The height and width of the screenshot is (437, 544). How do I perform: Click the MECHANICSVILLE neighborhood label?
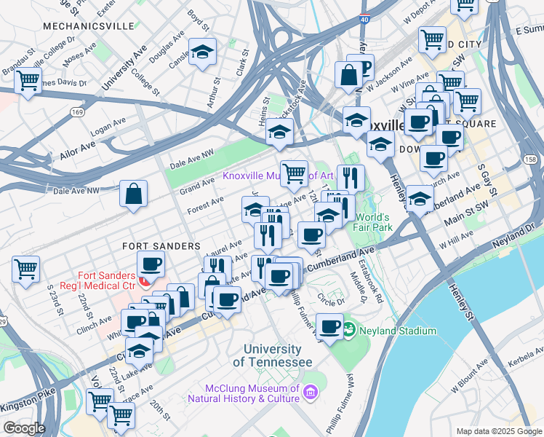point(89,26)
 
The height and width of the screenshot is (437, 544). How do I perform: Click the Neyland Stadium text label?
point(396,331)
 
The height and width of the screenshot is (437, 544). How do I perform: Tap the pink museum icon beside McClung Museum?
point(311,394)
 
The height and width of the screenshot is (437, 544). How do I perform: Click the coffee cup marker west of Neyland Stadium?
point(330,327)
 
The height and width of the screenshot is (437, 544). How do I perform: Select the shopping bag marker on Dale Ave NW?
point(134,195)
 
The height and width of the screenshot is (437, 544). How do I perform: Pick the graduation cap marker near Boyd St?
point(203,53)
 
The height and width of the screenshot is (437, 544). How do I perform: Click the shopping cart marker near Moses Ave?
point(28,82)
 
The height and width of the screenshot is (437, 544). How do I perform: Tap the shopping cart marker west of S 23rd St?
point(26,269)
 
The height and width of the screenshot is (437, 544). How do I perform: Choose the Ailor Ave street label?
point(77,146)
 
